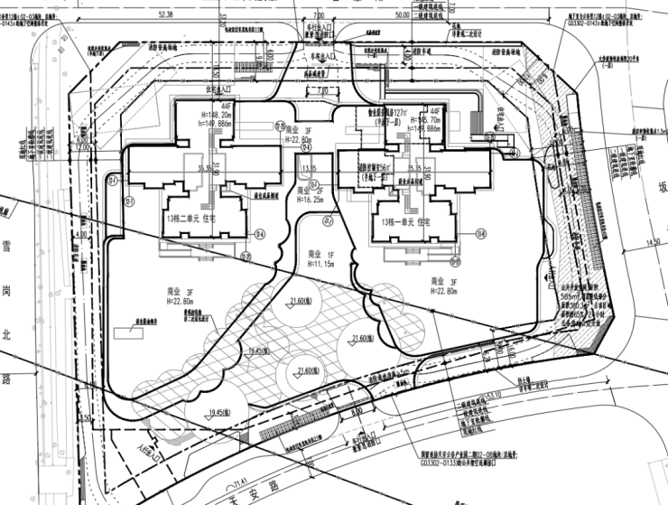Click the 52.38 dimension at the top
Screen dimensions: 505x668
pos(163,14)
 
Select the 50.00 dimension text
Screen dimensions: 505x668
pos(400,14)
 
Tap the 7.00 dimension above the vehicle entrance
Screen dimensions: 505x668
pos(319,14)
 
